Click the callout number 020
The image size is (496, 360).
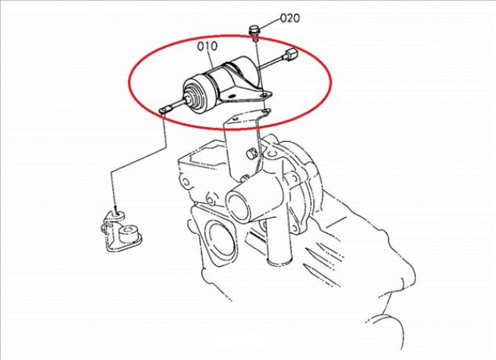pos(290,18)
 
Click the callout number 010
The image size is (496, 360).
pos(207,46)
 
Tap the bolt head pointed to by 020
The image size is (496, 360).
pos(253,31)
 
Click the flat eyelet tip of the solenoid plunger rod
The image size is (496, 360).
pos(165,109)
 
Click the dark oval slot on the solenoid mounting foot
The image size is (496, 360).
pos(232,96)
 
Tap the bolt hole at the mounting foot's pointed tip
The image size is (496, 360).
pos(264,94)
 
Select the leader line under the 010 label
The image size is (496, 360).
pos(213,60)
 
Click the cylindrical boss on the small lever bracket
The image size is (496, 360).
pos(128,233)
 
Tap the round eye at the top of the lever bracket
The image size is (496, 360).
pos(119,214)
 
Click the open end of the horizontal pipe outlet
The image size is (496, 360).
pos(237,207)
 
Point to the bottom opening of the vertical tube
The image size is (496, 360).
pos(279,261)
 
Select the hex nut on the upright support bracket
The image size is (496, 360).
pos(251,154)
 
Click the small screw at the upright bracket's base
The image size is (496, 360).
pos(244,179)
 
